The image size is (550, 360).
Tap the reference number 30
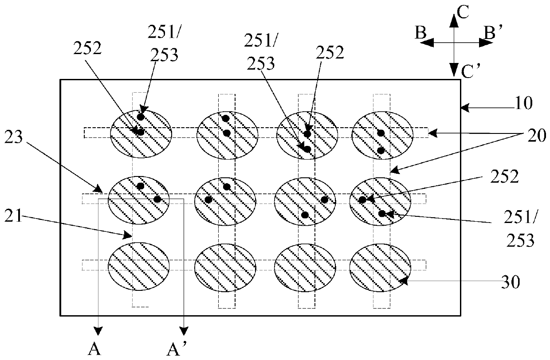coord(511,282)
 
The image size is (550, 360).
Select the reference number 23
coord(13,137)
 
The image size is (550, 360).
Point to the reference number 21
coord(13,216)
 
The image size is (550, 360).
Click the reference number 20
coord(537,136)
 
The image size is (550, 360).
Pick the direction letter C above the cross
coord(463,12)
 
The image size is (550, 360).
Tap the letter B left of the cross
coord(420,33)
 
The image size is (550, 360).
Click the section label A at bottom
coord(94,349)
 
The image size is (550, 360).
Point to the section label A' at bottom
coord(177,349)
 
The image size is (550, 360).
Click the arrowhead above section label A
coord(98,331)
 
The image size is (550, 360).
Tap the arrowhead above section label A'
coord(184,331)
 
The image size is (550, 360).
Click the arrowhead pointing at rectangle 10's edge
coord(465,108)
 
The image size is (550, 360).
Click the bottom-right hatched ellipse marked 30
coord(380,268)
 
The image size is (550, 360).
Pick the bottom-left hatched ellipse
coord(139,266)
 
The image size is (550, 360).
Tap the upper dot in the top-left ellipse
coord(141,117)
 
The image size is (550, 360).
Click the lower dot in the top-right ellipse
coord(381,151)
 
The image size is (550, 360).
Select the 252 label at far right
coord(505,177)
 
